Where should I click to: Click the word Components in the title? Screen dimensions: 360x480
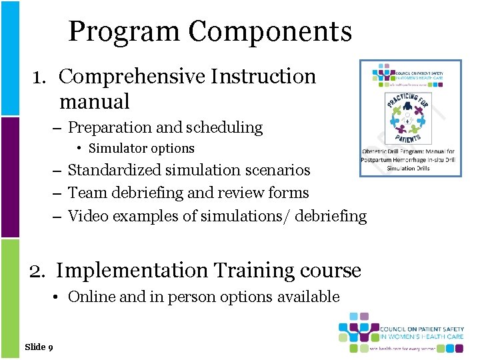click(269, 31)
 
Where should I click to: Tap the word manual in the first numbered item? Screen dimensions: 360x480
click(94, 102)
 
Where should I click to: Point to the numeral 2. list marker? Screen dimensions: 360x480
click(39, 271)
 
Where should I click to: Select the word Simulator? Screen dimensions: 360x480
click(117, 149)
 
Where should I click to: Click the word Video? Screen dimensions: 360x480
click(87, 216)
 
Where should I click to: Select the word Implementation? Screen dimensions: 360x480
click(132, 271)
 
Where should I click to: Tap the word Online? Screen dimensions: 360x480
click(91, 297)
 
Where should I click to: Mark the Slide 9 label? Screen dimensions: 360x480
click(39, 347)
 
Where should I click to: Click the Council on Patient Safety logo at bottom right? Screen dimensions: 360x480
click(401, 333)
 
